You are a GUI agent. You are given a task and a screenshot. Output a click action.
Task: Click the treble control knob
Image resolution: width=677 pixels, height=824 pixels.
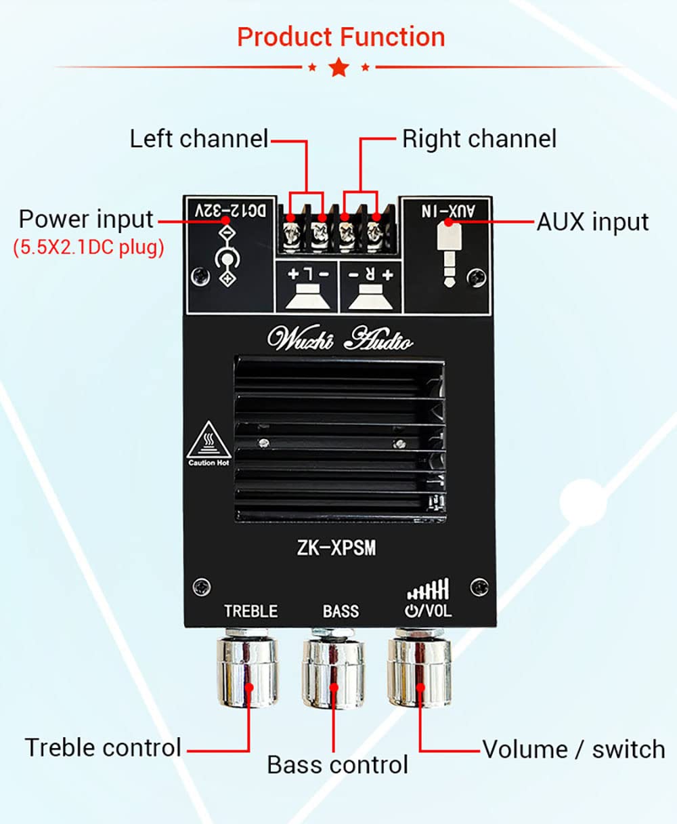coord(248,667)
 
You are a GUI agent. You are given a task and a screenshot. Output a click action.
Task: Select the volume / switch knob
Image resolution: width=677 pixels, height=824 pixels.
coord(420,667)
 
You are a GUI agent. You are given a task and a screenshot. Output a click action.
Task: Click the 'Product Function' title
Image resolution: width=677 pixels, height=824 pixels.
coord(341,37)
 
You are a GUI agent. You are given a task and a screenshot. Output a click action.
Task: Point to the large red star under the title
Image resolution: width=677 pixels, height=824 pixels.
coord(338,67)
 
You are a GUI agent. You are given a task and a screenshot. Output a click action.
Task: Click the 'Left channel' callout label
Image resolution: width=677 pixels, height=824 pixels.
coord(199,139)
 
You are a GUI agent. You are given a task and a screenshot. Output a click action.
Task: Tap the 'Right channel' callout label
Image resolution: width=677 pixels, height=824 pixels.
coord(479,139)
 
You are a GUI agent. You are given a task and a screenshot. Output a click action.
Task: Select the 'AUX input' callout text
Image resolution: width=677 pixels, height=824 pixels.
coord(592,222)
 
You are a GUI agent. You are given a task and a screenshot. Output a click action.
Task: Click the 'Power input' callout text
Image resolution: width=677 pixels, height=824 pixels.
coord(86,220)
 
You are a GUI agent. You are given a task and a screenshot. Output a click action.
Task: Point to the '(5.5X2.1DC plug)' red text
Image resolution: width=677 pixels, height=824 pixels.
coord(89,247)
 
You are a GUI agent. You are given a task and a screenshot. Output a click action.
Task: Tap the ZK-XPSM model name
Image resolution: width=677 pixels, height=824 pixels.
coord(336,548)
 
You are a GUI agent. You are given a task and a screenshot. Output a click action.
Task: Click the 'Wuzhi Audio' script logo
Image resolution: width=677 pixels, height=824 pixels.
coord(340,338)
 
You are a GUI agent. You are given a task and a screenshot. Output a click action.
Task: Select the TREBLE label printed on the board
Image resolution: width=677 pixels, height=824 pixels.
coord(250,611)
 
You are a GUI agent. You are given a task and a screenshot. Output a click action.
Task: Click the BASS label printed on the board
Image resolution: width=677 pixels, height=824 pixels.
coord(341,611)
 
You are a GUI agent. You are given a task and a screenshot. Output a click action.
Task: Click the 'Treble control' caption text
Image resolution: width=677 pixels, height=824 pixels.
coord(103,747)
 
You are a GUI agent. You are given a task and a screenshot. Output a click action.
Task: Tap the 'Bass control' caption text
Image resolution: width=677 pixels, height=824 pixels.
coord(337,765)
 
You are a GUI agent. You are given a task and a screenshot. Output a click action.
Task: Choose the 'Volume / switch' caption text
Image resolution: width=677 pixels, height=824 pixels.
coord(573,749)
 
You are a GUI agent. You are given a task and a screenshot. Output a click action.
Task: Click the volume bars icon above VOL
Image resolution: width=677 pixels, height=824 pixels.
coord(429,590)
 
